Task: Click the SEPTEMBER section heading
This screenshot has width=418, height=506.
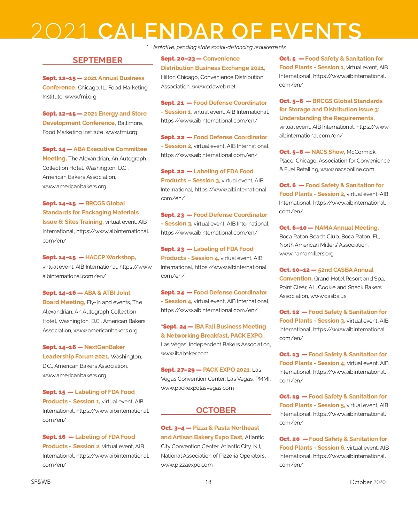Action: (98, 60)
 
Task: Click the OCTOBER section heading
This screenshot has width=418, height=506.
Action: (216, 410)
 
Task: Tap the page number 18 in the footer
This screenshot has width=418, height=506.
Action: (208, 482)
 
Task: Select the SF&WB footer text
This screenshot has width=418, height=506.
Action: (41, 482)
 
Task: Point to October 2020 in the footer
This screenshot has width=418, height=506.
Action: (367, 482)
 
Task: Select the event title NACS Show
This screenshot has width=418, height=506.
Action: (328, 152)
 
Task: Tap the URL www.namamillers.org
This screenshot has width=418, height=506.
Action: (306, 253)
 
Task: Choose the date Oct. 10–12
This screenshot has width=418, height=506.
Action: (294, 270)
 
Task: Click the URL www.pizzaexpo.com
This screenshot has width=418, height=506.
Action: (187, 465)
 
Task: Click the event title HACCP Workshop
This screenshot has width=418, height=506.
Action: (110, 257)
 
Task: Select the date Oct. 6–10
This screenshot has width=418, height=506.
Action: (293, 228)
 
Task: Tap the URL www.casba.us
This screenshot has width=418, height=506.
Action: (328, 296)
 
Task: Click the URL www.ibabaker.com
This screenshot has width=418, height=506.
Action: (185, 353)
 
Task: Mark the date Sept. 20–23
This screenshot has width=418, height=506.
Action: (178, 58)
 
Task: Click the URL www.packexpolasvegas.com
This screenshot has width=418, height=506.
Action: (197, 388)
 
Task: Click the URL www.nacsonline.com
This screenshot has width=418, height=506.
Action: (347, 169)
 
